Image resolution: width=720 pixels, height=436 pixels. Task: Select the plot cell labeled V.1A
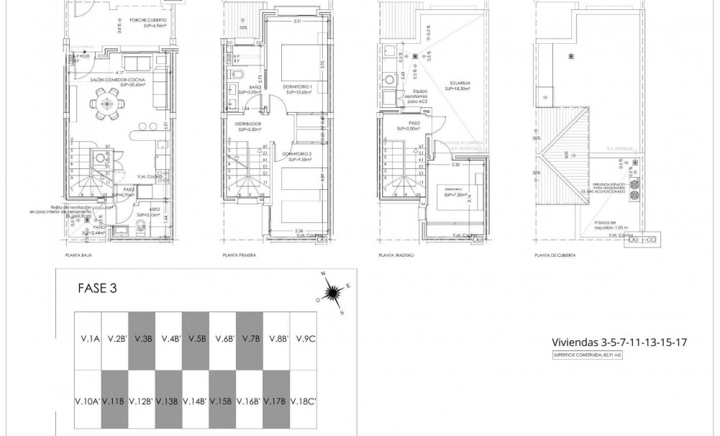pyautogui.click(x=89, y=339)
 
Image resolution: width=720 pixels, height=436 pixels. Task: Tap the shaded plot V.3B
pyautogui.click(x=142, y=339)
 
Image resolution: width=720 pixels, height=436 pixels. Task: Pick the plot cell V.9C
pyautogui.click(x=303, y=339)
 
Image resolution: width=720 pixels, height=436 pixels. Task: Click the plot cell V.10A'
pyautogui.click(x=88, y=401)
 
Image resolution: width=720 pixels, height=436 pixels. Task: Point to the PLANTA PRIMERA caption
pyautogui.click(x=240, y=255)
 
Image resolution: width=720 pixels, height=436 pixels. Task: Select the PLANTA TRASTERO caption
pyautogui.click(x=396, y=255)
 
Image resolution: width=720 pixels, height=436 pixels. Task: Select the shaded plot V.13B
pyautogui.click(x=169, y=401)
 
